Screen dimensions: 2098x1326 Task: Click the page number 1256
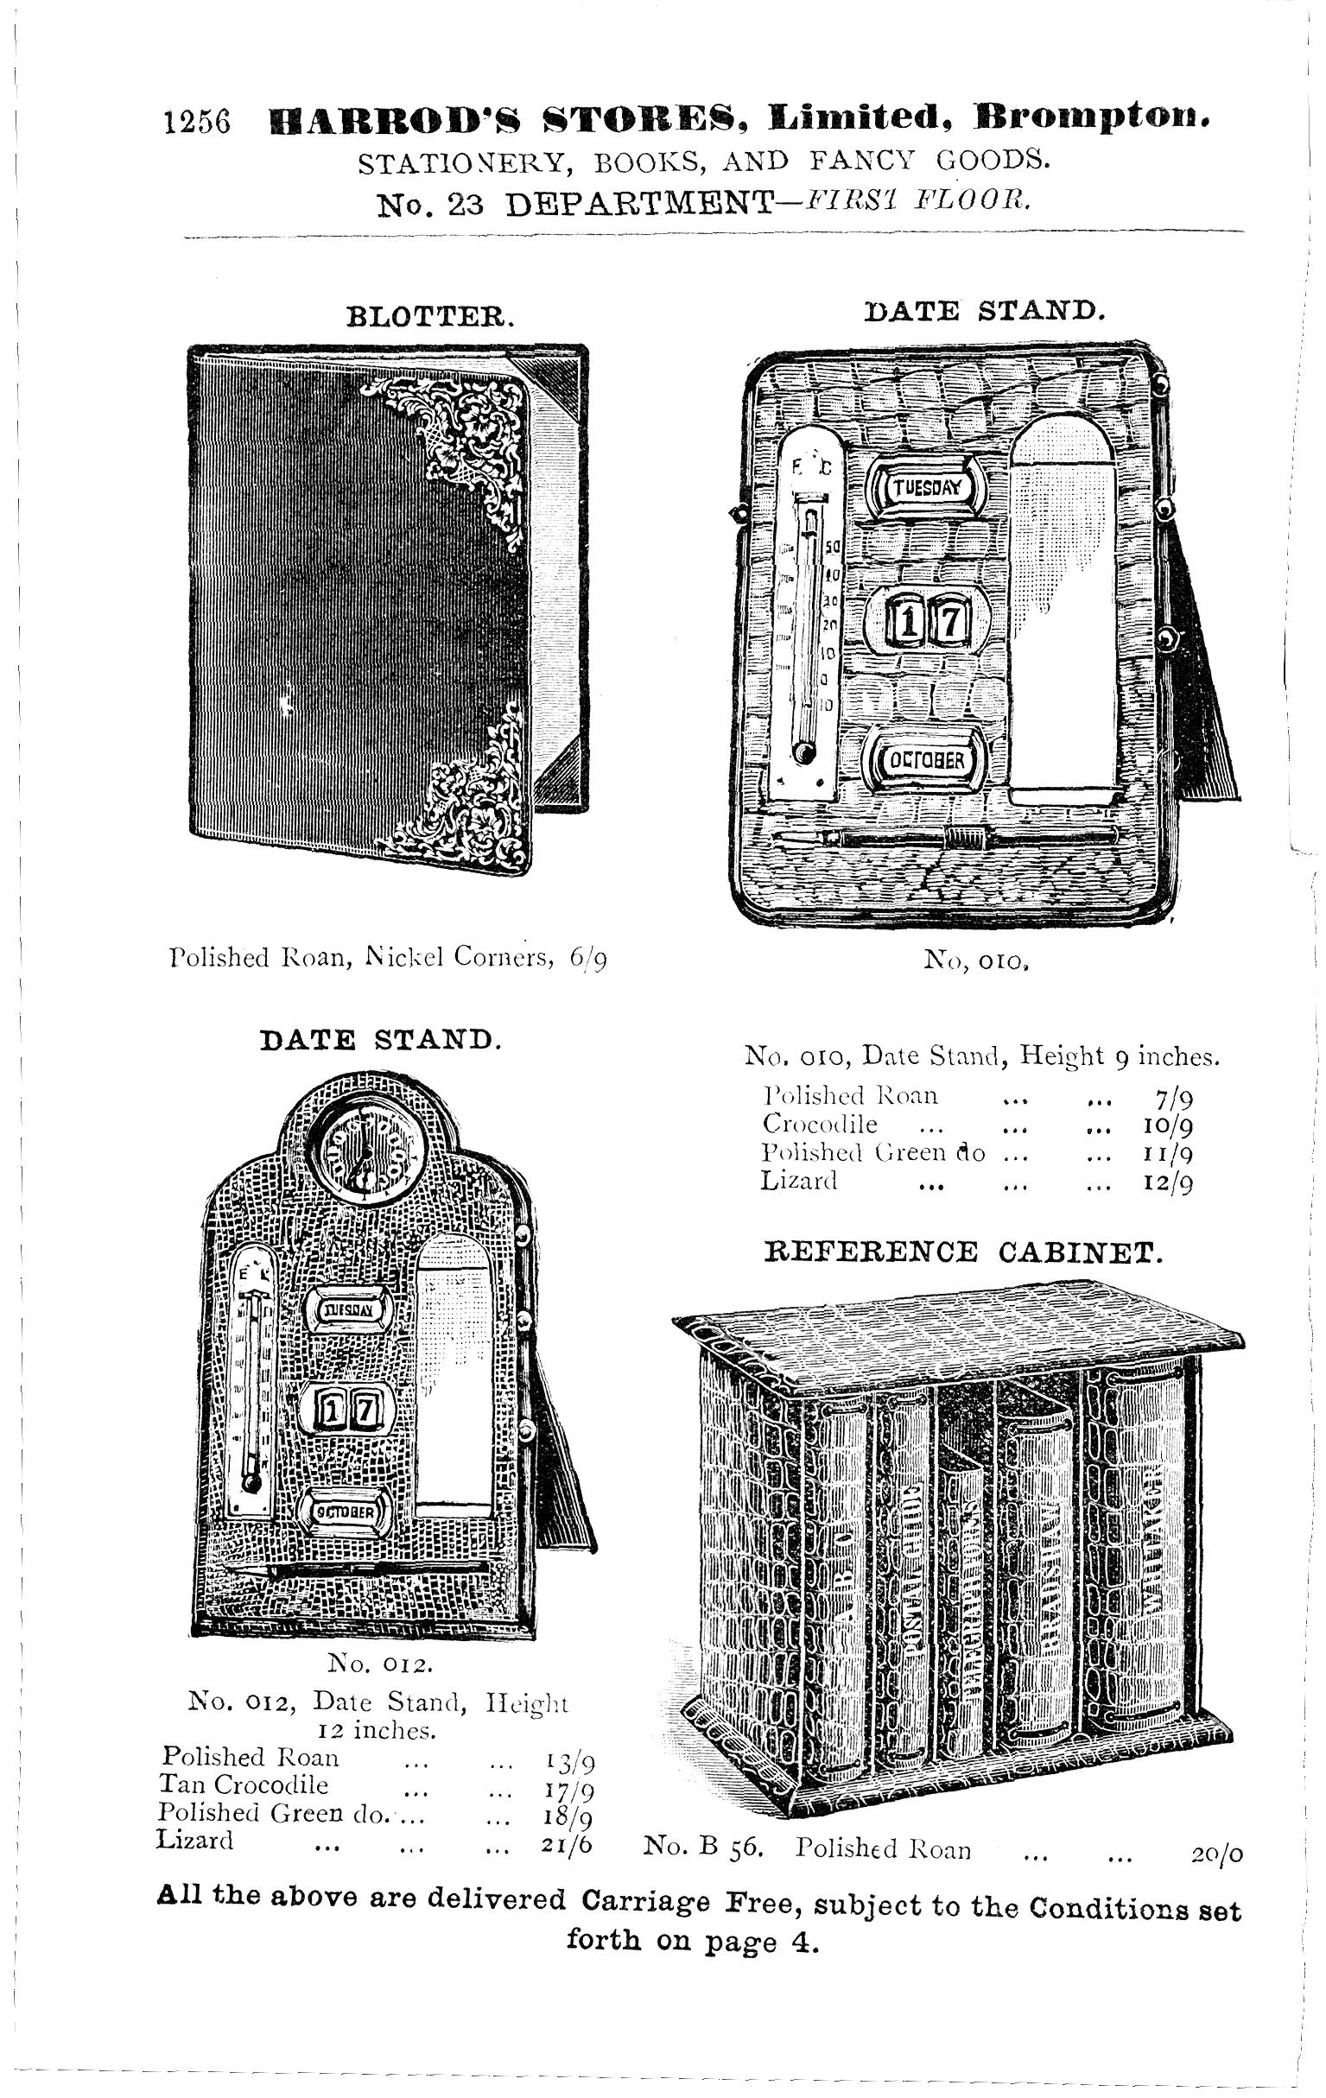pos(197,122)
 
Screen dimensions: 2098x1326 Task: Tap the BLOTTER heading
pos(430,315)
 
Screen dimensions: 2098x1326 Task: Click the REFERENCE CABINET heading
pos(962,1253)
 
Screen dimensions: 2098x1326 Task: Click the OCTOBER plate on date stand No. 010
pos(925,760)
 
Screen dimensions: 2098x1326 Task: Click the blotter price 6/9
pos(588,959)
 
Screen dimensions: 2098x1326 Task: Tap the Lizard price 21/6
pos(567,1843)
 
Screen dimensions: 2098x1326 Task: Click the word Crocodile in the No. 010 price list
pos(819,1124)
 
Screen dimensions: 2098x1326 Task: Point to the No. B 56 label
pos(702,1847)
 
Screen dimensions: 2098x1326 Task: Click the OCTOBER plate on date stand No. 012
pos(346,1512)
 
